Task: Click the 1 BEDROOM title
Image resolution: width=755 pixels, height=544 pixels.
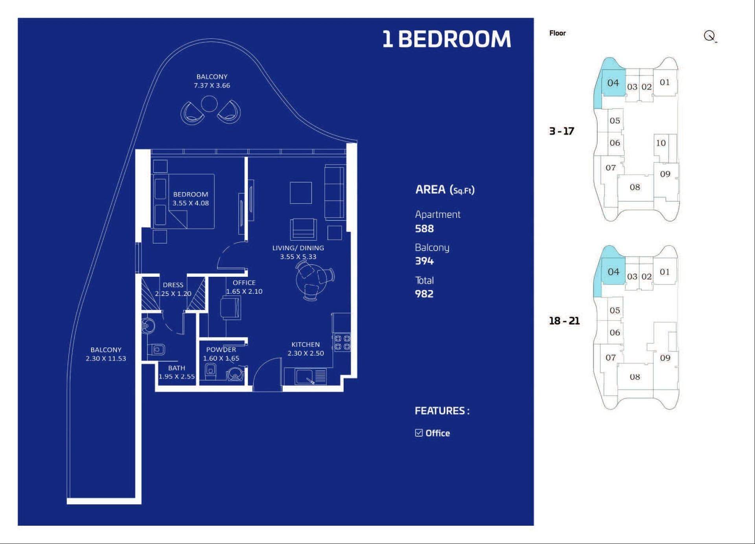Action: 447,39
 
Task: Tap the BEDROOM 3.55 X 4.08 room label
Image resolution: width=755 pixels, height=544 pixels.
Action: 191,199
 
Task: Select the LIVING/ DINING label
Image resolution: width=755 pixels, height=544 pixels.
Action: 298,248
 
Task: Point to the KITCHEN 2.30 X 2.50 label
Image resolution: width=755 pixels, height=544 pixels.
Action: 306,349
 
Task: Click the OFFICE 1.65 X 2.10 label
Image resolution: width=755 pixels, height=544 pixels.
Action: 244,287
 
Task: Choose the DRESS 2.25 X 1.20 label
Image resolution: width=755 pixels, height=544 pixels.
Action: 173,289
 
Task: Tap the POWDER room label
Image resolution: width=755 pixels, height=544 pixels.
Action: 221,349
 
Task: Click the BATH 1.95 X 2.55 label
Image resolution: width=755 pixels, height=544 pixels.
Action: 177,372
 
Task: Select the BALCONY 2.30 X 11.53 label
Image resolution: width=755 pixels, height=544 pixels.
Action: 106,354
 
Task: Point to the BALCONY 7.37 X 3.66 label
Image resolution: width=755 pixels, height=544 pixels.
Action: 212,81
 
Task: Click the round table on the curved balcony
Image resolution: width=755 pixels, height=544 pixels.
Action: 209,104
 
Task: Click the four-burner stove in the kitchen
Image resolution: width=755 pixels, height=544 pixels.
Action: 342,342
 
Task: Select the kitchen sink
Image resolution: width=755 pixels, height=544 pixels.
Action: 304,376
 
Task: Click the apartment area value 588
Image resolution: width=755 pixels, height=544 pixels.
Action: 424,229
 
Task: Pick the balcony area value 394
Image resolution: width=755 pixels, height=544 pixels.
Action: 424,261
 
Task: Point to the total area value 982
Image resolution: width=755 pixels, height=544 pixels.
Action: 424,294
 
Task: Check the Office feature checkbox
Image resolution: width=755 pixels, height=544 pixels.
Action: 419,433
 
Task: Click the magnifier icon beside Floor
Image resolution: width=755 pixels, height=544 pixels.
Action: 710,36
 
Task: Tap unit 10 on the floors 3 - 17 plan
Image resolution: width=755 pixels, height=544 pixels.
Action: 661,143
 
